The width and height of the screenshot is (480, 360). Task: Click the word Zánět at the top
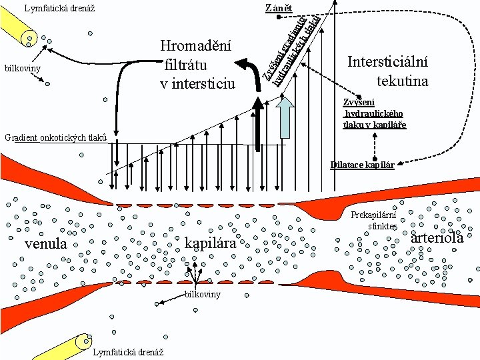278,8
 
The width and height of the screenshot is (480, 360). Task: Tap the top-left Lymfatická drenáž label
59,9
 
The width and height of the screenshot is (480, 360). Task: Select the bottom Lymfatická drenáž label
130,352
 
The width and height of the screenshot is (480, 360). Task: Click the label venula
45,244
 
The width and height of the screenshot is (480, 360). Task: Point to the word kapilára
211,243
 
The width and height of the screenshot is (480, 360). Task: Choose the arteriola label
437,238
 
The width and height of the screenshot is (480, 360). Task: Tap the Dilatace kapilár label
362,165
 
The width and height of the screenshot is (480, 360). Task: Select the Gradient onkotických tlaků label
55,138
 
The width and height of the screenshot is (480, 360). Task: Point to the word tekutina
402,81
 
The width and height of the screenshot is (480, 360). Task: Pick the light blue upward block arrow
285,117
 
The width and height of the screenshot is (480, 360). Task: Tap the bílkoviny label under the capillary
203,295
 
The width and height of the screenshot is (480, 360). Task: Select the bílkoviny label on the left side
22,69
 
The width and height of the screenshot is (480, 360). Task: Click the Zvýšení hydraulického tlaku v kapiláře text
373,113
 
